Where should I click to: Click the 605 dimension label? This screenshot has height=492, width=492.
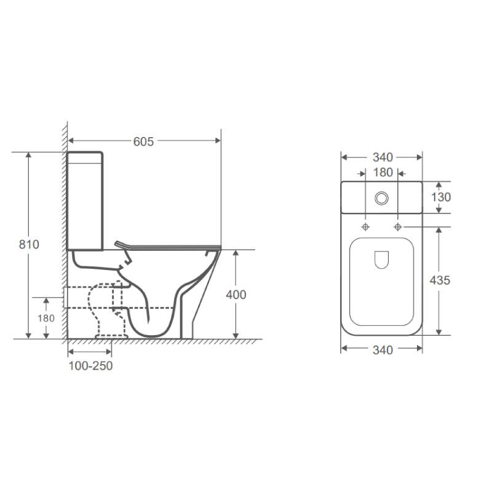[x=143, y=141]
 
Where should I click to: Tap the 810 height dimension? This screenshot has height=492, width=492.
[x=29, y=244]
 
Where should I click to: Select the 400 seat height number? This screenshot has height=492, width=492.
[x=236, y=295]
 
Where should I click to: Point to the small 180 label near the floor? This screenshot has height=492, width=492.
[x=47, y=318]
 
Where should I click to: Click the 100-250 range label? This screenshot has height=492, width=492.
[x=90, y=366]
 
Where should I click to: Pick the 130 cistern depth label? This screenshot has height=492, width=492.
[x=440, y=197]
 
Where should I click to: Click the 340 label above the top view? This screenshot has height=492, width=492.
[x=381, y=157]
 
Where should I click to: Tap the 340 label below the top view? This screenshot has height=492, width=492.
[x=381, y=350]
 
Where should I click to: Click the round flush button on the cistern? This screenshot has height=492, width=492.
[x=382, y=198]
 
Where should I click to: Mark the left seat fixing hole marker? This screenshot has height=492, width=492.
[x=366, y=227]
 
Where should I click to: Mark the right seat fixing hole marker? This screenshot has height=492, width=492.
[x=398, y=227]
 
